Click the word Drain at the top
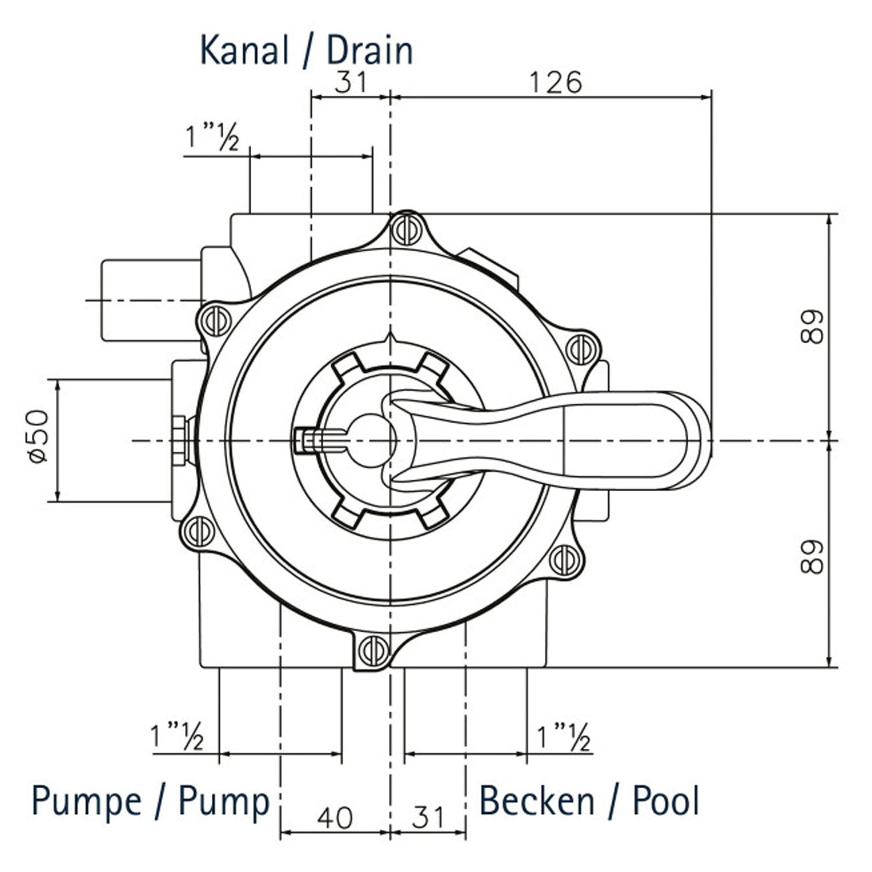tap(370, 51)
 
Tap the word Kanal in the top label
tap(244, 51)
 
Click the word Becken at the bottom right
tap(536, 801)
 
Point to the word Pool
tap(666, 801)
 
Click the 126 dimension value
tap(555, 83)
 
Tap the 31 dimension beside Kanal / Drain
tap(351, 83)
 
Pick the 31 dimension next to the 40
tap(428, 817)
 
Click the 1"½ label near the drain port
tap(212, 137)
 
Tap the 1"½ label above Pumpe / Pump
tap(177, 736)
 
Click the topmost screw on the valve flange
tap(406, 230)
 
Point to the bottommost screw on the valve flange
tap(373, 651)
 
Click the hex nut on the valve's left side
tap(179, 440)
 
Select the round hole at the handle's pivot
tap(370, 440)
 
